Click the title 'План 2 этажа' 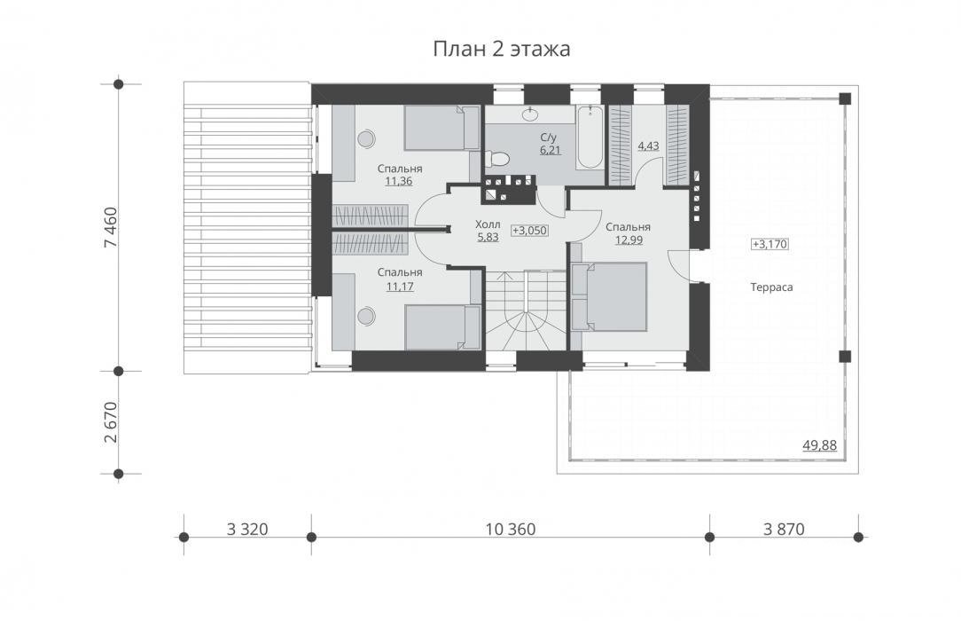(x=502, y=49)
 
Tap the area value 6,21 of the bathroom (x=551, y=150)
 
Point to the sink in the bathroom (x=529, y=114)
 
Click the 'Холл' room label (x=488, y=224)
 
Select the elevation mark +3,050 (x=529, y=231)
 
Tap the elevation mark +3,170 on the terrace (x=770, y=244)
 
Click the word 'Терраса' (x=771, y=287)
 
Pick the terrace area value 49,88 (x=819, y=445)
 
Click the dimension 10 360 (x=511, y=529)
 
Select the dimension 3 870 (x=784, y=529)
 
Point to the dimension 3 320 (x=247, y=529)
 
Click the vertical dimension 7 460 (x=111, y=227)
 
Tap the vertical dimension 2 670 (x=111, y=422)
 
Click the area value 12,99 (x=629, y=240)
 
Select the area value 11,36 (x=399, y=181)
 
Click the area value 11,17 (x=400, y=286)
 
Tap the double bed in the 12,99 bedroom (x=609, y=296)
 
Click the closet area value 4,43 (x=648, y=145)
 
